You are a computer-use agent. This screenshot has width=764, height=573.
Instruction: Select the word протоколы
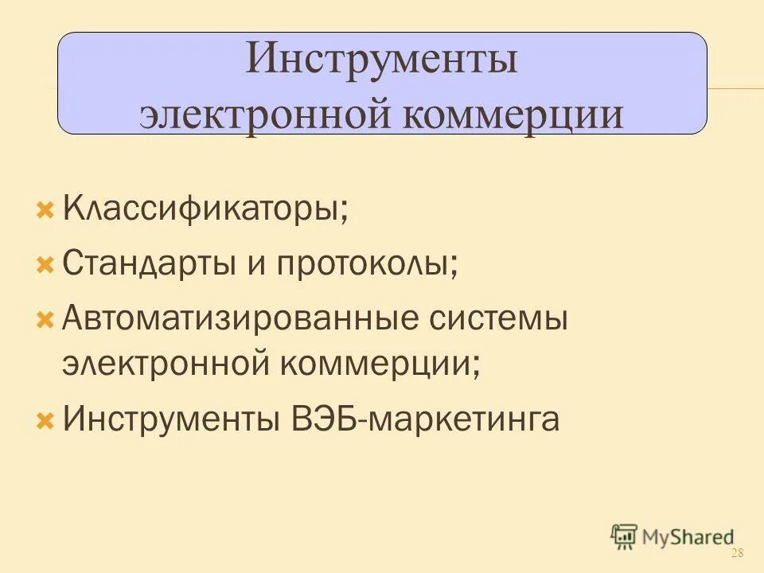pyautogui.click(x=367, y=263)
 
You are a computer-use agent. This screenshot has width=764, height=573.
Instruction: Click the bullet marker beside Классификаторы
pyautogui.click(x=45, y=211)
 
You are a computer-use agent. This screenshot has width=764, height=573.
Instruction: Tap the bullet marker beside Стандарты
pyautogui.click(x=45, y=264)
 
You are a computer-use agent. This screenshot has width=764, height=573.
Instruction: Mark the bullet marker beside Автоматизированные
pyautogui.click(x=45, y=320)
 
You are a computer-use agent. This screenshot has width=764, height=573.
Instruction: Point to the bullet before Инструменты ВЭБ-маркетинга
pyautogui.click(x=45, y=419)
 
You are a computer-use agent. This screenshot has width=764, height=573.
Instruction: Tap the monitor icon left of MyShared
pyautogui.click(x=624, y=536)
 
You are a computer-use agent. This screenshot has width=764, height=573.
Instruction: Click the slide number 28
pyautogui.click(x=736, y=554)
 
